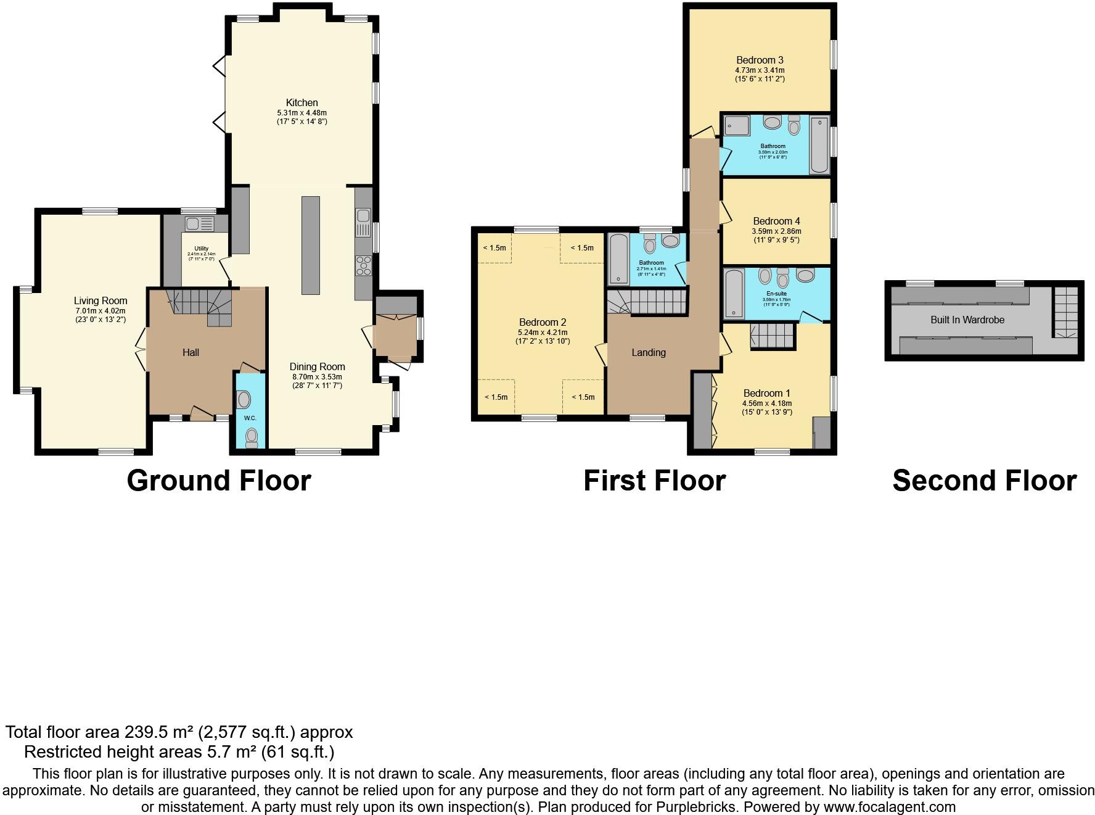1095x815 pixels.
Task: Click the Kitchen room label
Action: [x=301, y=102]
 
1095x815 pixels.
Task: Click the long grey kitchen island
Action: [x=311, y=245]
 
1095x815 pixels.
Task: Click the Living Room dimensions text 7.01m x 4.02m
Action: [x=100, y=311]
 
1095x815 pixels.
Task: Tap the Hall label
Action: [x=191, y=352]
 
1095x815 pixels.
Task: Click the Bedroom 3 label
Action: [x=760, y=60]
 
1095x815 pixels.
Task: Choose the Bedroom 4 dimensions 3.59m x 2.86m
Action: [x=776, y=231]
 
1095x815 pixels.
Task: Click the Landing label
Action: [x=648, y=352]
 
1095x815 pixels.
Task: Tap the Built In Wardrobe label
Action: [x=967, y=320]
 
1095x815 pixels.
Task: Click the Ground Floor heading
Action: [x=219, y=481]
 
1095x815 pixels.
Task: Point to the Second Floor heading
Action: [x=984, y=481]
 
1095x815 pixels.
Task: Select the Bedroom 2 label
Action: [x=542, y=322]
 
